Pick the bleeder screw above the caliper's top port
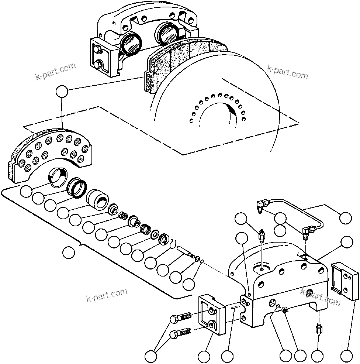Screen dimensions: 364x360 pos(262,236)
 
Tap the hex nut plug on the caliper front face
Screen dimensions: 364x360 pos(285,309)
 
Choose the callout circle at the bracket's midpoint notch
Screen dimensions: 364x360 pos(68,253)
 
